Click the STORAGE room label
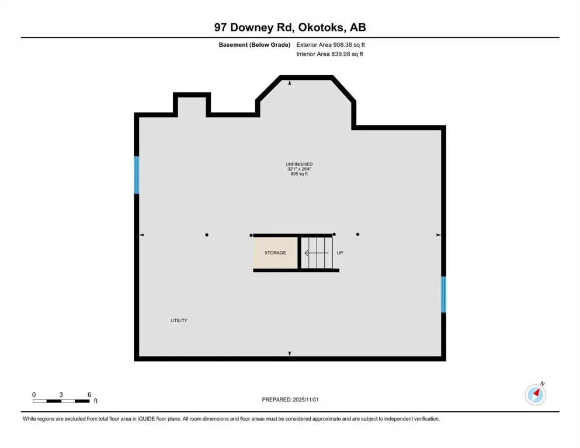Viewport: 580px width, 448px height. coord(275,253)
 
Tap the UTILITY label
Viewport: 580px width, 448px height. coord(179,320)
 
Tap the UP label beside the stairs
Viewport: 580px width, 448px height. coord(340,253)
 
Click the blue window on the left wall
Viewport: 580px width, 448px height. coord(137,175)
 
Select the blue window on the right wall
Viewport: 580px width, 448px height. coord(443,294)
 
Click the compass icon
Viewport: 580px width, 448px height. coord(535,395)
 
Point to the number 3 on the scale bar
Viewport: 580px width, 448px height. coord(61,394)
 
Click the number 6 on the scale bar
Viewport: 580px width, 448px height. coord(89,394)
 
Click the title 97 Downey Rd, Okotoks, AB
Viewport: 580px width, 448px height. coord(290,27)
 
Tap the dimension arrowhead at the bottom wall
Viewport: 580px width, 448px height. coord(290,353)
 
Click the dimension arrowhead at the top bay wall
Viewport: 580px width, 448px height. coord(290,83)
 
